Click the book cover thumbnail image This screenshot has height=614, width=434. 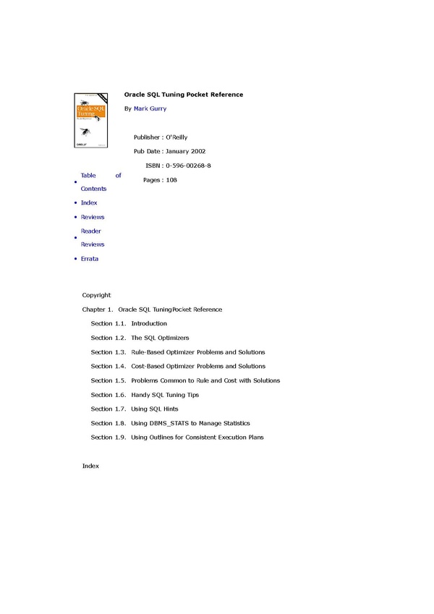(90, 120)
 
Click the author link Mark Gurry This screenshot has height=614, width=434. (150, 108)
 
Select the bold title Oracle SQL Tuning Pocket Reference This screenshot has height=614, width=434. (184, 95)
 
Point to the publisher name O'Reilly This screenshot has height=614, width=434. (176, 137)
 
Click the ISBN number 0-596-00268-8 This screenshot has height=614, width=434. (188, 166)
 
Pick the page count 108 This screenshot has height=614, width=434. (171, 179)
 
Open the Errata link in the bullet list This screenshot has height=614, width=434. (90, 259)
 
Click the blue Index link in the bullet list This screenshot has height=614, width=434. (89, 203)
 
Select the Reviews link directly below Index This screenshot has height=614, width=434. (93, 217)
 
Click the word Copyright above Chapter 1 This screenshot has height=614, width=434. (97, 295)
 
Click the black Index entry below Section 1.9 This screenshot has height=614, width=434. (90, 466)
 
